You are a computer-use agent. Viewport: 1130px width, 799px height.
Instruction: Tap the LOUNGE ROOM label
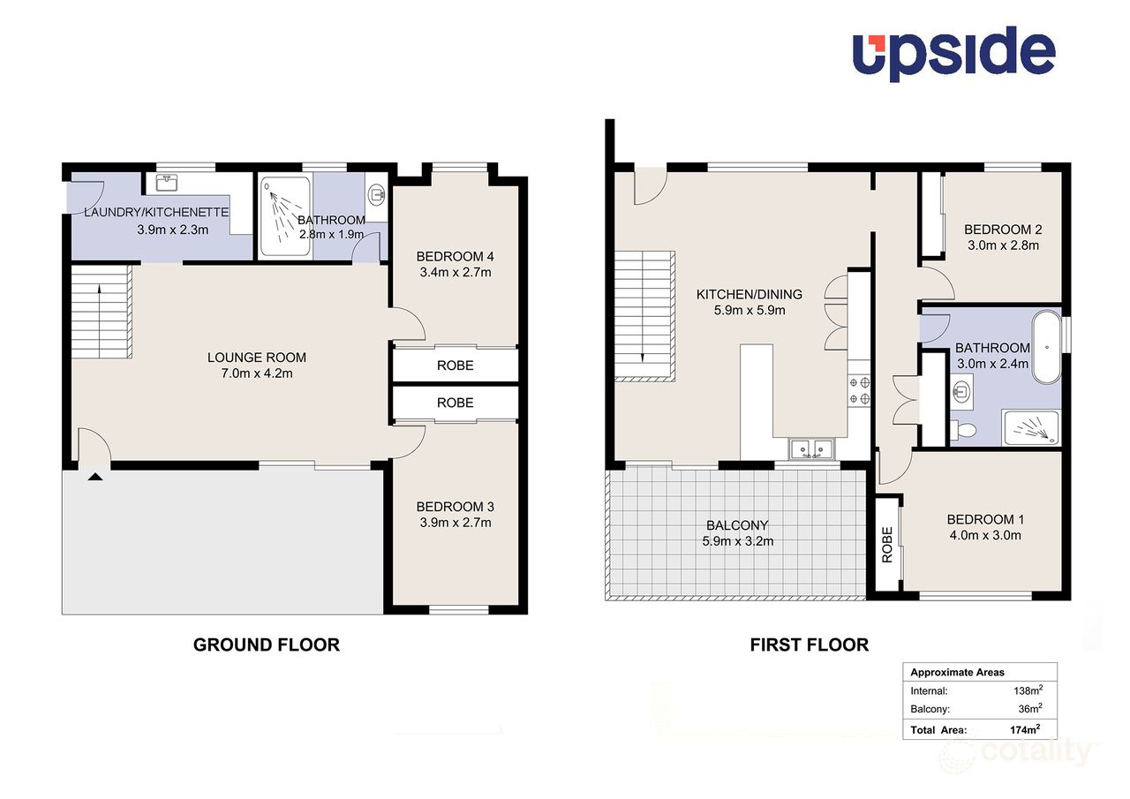[x=257, y=358]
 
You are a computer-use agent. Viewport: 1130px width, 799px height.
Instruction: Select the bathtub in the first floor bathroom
[x=1050, y=346]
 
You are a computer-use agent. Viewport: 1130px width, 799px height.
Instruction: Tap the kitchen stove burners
[x=859, y=390]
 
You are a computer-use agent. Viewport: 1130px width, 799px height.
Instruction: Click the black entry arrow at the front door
[x=95, y=478]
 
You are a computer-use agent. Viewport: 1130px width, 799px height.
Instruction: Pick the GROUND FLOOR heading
[x=266, y=645]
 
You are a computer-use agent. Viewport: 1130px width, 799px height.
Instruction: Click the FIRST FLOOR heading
[x=809, y=645]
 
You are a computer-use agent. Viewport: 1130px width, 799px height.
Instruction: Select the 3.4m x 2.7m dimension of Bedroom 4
[x=455, y=273]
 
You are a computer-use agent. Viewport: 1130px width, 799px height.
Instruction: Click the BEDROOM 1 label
[x=983, y=519]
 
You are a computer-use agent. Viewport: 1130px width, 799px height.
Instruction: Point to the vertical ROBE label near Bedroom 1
[x=887, y=545]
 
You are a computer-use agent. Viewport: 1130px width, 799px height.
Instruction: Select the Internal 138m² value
[x=1028, y=691]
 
